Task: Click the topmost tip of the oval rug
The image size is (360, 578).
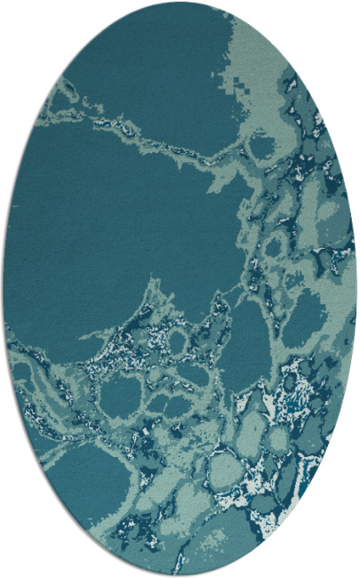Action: pos(180,3)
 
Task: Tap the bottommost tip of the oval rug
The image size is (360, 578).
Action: pos(180,575)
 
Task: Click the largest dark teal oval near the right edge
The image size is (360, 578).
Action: pos(307,316)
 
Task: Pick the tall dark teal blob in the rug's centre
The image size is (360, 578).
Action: pos(244,342)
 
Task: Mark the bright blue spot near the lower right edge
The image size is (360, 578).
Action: pos(286,409)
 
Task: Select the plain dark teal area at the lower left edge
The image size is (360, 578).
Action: pos(80,471)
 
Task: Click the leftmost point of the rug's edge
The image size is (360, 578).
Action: pos(4,289)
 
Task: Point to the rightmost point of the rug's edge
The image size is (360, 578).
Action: pos(356,289)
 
